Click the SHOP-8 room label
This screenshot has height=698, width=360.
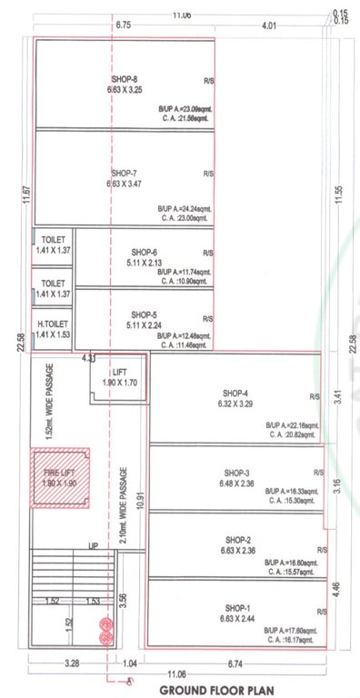[124, 80]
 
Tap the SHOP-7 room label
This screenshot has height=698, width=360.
[124, 173]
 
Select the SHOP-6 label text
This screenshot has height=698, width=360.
[145, 252]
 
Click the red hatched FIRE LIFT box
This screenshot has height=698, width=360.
[61, 478]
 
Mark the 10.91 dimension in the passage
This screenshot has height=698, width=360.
[141, 500]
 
